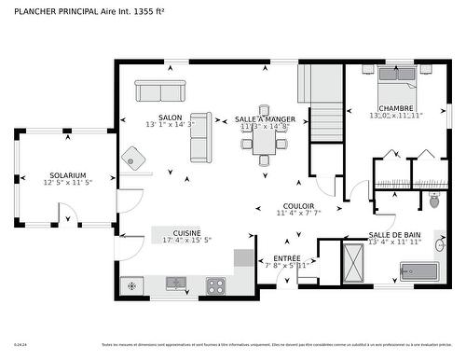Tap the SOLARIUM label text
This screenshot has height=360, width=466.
click(67, 174)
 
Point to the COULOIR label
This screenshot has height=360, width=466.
click(298, 205)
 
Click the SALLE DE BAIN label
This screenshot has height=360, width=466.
click(394, 235)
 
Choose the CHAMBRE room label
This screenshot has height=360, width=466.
click(396, 108)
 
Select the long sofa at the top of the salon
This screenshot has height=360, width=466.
click(160, 91)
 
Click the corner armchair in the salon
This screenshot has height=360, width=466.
click(137, 159)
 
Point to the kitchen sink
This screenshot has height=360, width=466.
click(176, 283)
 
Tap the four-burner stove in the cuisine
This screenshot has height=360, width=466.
click(216, 284)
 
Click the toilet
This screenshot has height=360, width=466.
click(433, 200)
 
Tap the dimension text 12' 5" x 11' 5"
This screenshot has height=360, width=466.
click(67, 183)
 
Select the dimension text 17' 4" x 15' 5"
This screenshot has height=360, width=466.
click(186, 241)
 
